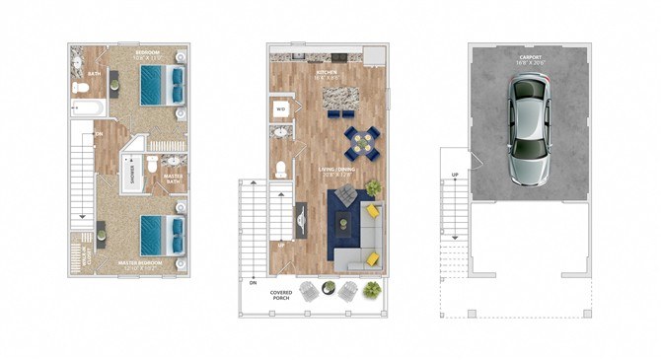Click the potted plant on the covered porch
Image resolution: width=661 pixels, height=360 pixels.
click(x=372, y=289)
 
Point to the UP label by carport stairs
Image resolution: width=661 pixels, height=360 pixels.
click(x=455, y=175)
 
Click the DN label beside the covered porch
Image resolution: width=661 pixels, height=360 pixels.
click(x=253, y=282)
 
